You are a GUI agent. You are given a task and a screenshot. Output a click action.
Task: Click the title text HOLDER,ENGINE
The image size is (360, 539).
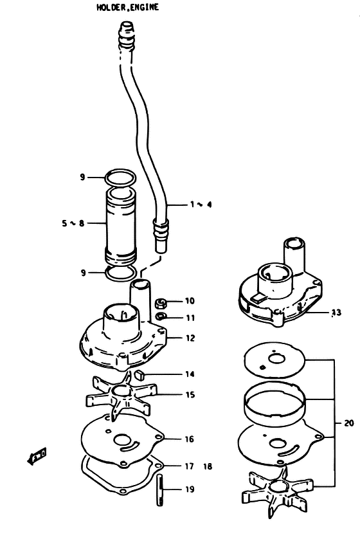128,7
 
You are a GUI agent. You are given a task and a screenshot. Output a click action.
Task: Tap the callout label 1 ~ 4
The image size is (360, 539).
201,205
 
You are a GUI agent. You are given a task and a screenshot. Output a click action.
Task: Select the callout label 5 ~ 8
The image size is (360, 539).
73,223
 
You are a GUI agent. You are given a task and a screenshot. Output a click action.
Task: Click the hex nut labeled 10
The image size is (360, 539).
161,303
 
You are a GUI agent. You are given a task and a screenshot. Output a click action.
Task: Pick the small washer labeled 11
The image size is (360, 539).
161,316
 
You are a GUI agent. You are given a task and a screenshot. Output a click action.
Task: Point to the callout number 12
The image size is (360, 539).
190,338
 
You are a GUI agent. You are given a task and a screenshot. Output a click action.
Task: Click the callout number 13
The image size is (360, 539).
336,312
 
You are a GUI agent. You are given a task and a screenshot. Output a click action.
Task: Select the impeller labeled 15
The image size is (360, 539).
121,396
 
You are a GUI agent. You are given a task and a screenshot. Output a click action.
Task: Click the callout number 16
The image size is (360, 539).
190,439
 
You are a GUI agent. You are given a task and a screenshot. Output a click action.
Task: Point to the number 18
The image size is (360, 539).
208,466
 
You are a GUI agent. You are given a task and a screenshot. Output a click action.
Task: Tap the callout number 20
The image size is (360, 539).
348,423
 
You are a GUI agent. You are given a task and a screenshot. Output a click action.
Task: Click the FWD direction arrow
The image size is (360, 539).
37,456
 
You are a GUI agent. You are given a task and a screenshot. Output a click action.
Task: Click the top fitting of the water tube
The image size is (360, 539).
127,36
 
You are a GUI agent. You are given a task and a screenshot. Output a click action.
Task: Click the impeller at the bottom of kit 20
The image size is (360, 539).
278,491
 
